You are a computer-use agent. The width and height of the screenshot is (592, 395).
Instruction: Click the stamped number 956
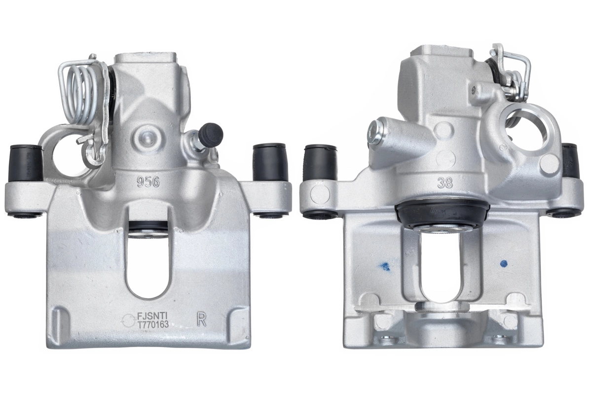click(148, 182)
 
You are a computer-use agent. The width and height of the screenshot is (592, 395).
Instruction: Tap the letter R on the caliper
click(201, 319)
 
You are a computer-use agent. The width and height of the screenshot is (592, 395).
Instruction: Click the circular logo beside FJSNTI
click(127, 320)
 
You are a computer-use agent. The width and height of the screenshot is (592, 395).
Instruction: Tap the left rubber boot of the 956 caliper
click(26, 163)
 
